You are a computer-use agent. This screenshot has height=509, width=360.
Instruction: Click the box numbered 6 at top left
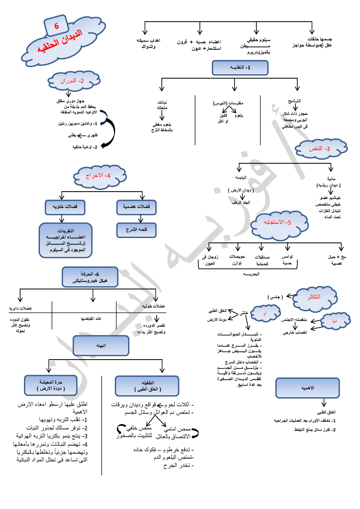coord(56,26)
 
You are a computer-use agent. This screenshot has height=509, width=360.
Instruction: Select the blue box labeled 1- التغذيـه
coord(240,68)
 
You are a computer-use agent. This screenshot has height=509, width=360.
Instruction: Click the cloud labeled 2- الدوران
coord(73,81)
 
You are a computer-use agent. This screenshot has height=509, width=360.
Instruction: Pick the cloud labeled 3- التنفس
coord(320,148)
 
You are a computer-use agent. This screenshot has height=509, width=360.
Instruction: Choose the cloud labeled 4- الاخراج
coord(99,176)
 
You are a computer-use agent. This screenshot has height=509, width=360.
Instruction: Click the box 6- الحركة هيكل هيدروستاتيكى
coord(90,277)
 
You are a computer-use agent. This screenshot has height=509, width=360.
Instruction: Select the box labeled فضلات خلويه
coord(65,207)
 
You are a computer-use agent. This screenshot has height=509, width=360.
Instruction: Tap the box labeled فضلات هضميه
coord(136,207)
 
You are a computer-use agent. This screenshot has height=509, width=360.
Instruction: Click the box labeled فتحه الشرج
coord(136,230)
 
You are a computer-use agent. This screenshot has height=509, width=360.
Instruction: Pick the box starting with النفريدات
coord(66,240)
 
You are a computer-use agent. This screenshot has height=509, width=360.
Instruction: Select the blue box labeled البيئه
coord(101,345)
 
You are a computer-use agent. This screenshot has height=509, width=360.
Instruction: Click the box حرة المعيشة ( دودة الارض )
coord(51,385)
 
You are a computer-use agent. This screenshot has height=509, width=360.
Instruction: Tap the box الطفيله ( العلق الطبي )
coord(147,386)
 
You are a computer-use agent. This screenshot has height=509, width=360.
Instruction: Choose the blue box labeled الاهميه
coord(307,388)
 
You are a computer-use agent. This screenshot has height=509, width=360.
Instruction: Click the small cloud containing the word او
coord(266,313)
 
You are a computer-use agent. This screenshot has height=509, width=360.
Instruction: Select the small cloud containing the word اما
coord(335,321)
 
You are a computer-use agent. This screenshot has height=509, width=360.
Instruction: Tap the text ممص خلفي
coord(139,428)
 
